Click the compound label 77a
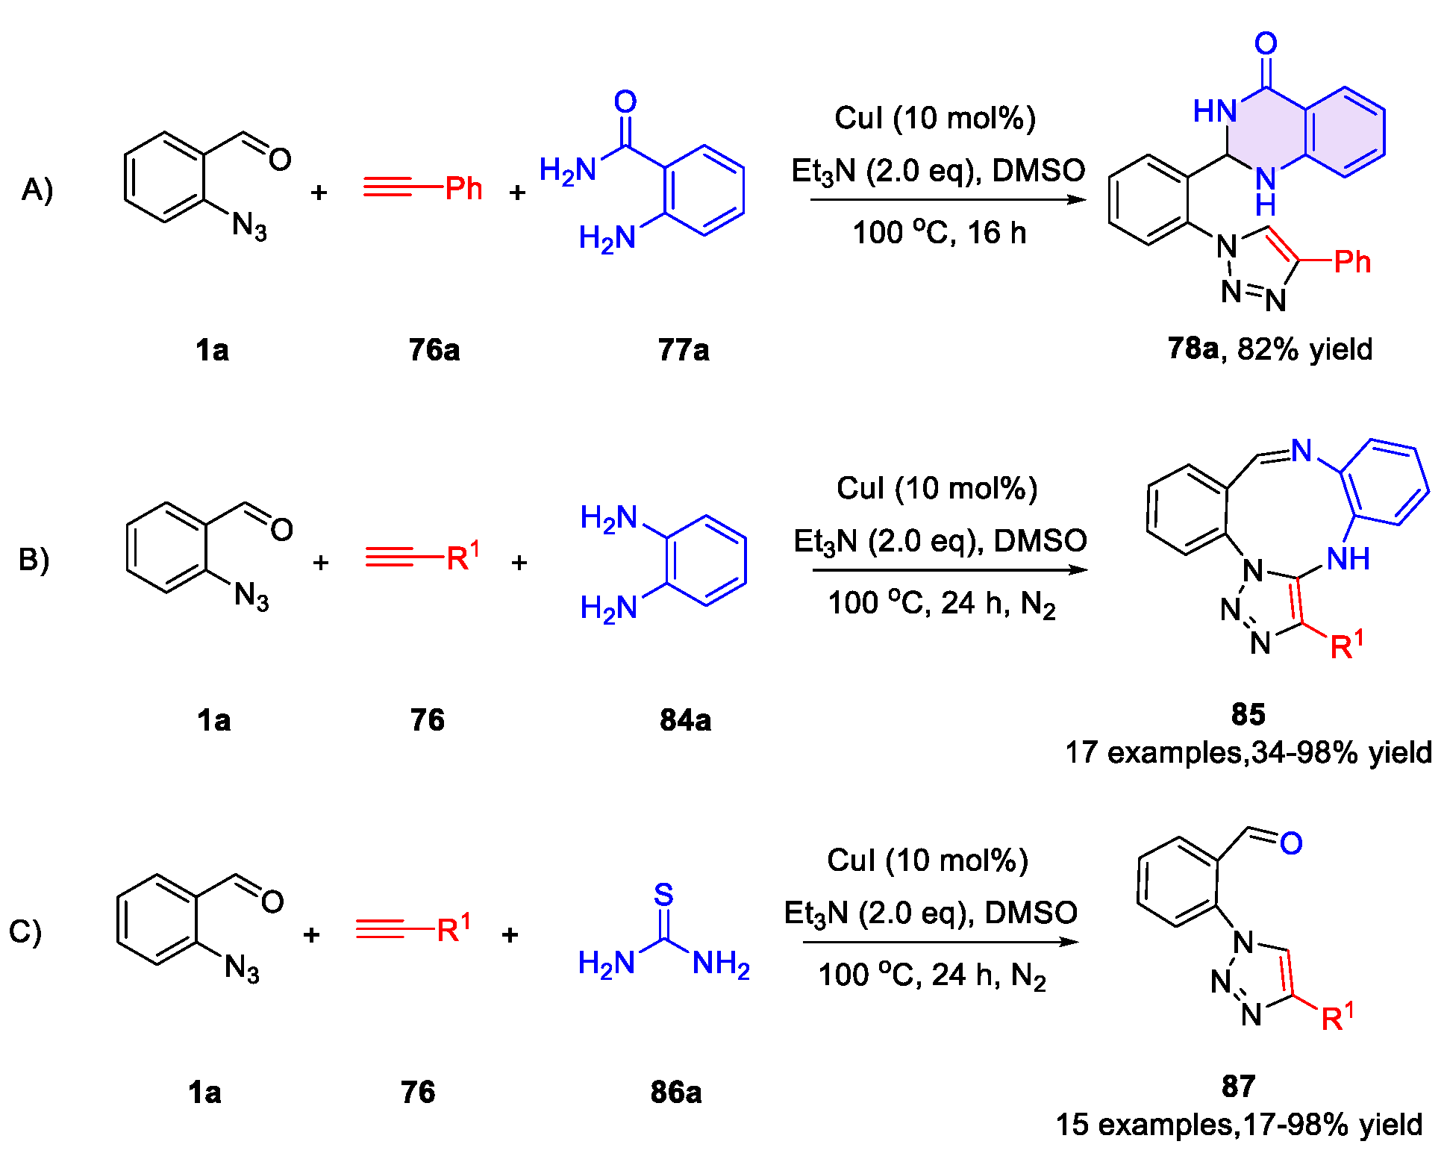pos(683,349)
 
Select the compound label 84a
pos(685,720)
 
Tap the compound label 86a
pos(675,1092)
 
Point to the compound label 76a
pos(434,349)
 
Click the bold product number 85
pos(1248,714)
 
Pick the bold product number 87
pos(1238,1086)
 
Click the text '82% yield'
pos(1304,349)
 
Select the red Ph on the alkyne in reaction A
pos(463,189)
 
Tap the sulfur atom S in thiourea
pos(663,894)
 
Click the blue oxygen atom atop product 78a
pos(1266,43)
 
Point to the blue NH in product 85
pos(1348,558)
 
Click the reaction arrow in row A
pos(948,200)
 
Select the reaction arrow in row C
pos(940,942)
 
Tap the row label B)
pos(34,560)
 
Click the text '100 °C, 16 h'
pos(939,233)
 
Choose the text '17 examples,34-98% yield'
pos(1248,752)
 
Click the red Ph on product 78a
pos(1352,262)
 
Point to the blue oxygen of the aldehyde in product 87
pos(1291,843)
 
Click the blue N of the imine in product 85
pos(1301,450)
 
